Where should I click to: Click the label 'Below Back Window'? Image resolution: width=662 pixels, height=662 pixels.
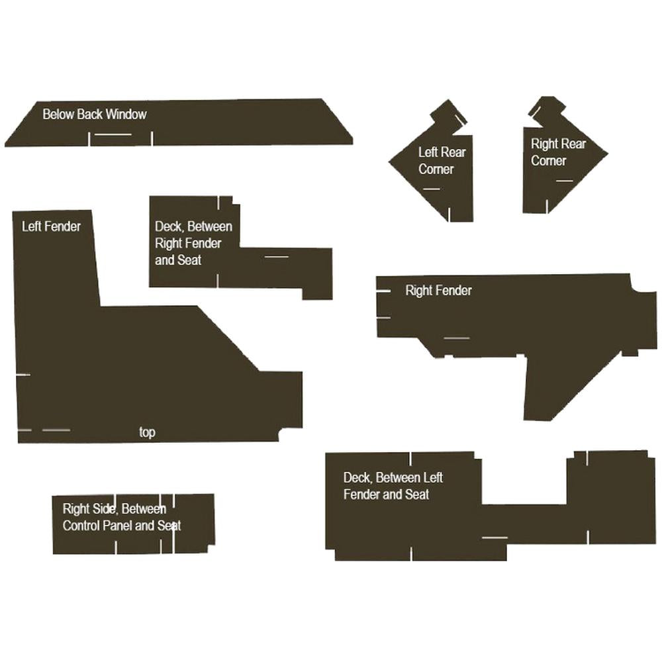click(95, 114)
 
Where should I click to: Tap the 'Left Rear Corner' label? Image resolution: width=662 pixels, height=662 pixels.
click(442, 160)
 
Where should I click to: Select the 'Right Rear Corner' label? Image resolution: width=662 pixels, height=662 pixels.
click(558, 152)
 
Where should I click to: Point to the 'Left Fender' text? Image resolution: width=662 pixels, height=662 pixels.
click(51, 226)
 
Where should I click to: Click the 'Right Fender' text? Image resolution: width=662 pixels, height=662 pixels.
click(439, 291)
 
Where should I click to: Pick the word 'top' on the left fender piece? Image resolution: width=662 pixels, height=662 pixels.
click(148, 432)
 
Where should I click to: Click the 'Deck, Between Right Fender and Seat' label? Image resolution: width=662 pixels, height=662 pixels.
click(193, 243)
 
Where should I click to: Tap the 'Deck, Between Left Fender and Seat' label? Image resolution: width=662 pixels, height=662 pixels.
click(393, 486)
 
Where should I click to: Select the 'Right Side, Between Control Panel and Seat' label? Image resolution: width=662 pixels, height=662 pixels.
click(122, 517)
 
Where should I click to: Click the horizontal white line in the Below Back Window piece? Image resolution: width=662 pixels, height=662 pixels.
click(113, 134)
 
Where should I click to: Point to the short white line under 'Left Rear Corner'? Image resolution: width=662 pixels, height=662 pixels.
click(432, 189)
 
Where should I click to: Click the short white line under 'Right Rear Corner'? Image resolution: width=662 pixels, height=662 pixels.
click(565, 181)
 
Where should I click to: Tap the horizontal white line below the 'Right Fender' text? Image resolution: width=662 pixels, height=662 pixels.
click(457, 338)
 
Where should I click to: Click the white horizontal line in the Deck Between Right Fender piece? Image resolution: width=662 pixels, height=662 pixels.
click(277, 256)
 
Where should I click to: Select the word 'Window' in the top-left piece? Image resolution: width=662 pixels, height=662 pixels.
click(126, 114)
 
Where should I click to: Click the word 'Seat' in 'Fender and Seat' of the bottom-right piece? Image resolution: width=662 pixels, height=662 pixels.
click(416, 495)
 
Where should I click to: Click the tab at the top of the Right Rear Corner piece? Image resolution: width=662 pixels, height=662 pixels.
click(547, 110)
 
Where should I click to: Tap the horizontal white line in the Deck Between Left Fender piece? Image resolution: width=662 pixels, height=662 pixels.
click(495, 538)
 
